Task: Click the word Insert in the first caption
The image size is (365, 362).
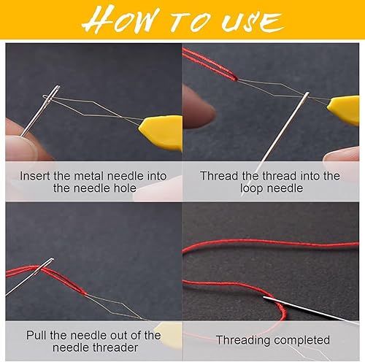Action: coord(35,176)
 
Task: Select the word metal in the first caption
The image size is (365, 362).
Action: coord(89,176)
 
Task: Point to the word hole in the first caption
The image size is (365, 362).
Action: coord(125,188)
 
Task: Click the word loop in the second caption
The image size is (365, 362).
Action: coord(250,188)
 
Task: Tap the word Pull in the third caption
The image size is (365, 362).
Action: coord(36,335)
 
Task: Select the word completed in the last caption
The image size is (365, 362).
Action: coord(301,340)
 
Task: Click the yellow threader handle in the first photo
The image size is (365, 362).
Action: coord(161,133)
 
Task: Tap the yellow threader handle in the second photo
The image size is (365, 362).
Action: coord(344,110)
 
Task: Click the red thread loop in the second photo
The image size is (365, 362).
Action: coord(210,64)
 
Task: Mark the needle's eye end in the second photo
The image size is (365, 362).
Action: coord(307,96)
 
